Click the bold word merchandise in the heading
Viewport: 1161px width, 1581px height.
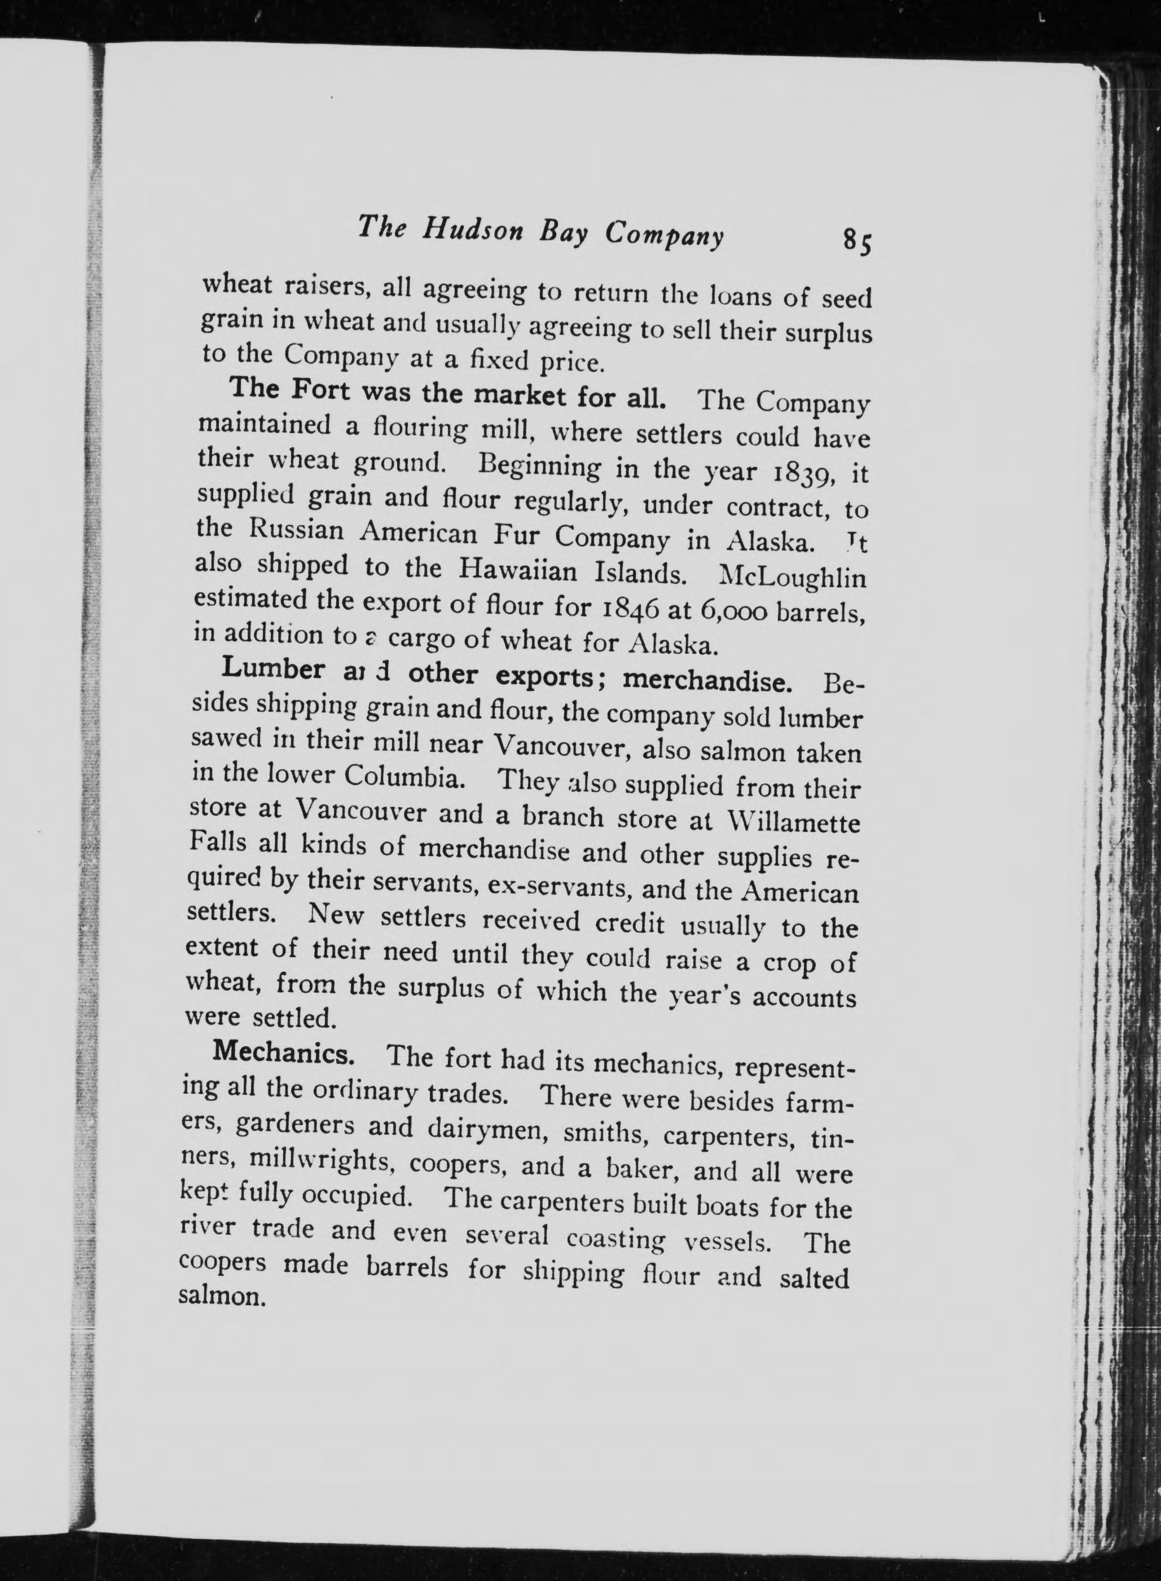[x=713, y=681]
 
